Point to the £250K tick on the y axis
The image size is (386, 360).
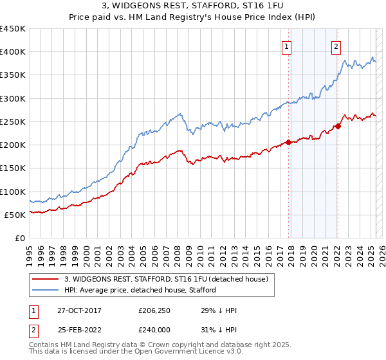point(12,122)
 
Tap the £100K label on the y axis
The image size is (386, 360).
point(12,192)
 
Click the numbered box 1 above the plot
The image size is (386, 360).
point(286,46)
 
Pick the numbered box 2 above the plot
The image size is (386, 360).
point(336,46)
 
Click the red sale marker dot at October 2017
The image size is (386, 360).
point(288,142)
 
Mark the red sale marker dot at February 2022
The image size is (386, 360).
point(338,126)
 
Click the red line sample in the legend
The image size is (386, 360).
point(45,279)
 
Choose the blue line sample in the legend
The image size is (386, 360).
point(45,290)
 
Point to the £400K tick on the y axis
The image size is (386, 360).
point(12,52)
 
